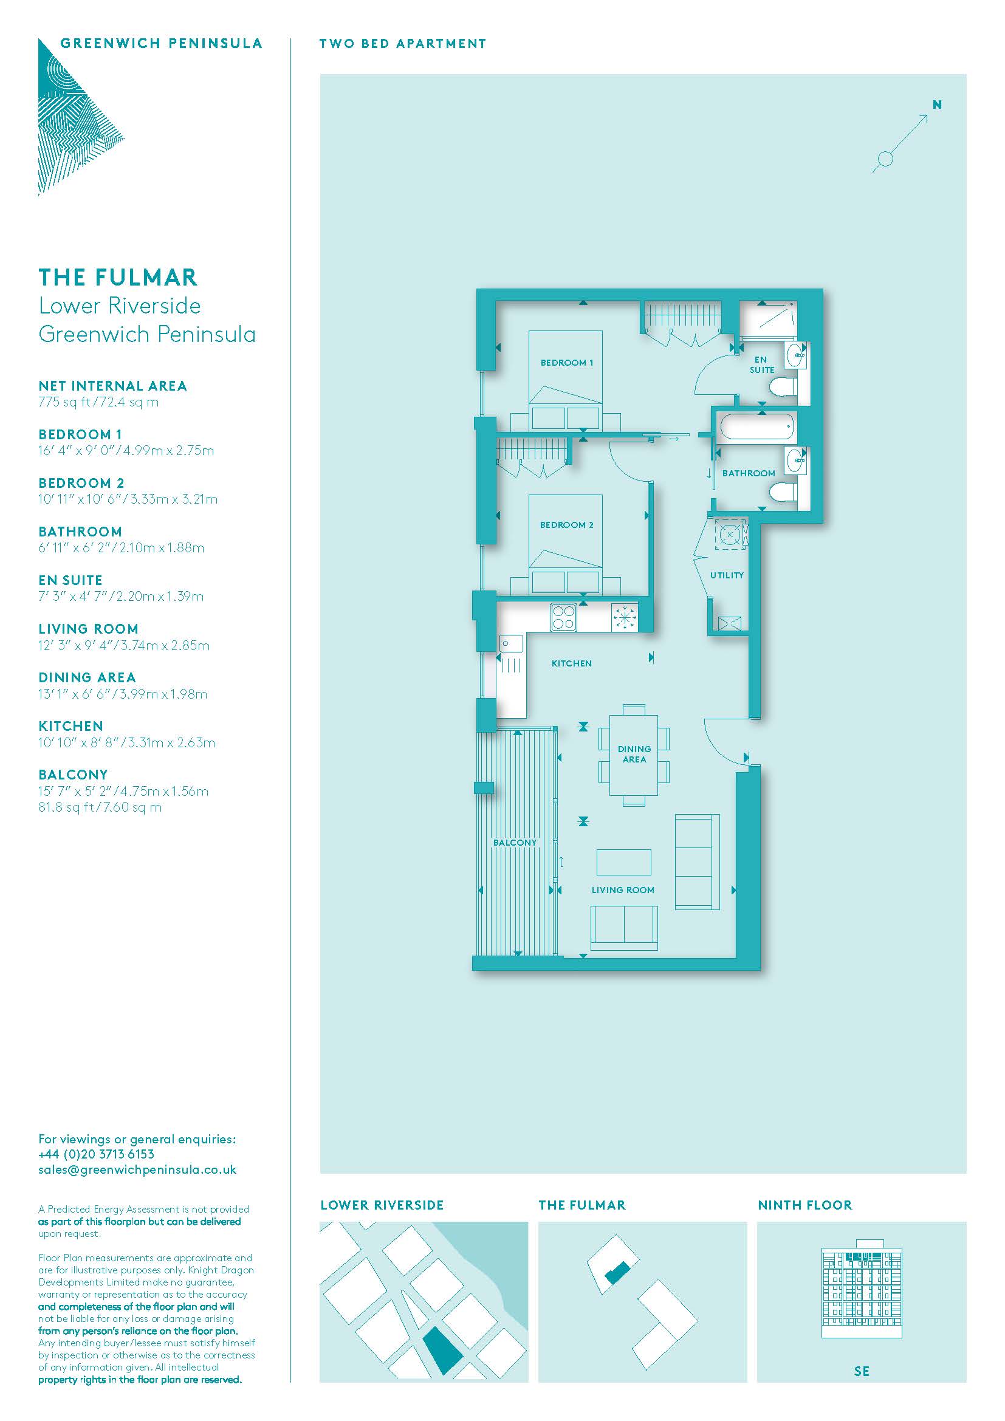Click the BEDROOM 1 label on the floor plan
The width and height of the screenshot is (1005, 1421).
pos(566,363)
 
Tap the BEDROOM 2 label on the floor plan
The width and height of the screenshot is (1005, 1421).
pos(566,525)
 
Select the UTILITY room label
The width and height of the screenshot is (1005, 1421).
pos(727,575)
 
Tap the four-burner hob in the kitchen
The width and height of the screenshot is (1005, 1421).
pos(564,617)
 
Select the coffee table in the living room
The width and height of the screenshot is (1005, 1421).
pos(624,861)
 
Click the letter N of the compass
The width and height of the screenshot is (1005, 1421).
pos(937,104)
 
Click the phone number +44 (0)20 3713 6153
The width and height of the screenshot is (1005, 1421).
pos(96,1154)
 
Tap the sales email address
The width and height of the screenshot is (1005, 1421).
pos(137,1169)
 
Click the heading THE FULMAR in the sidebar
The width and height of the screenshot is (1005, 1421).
pos(118,277)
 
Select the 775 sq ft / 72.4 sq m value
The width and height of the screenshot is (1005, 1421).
pos(98,402)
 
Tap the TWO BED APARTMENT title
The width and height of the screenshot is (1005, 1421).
pos(403,43)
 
